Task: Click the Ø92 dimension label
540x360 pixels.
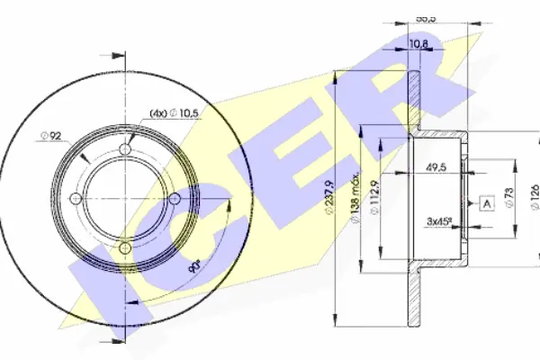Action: (51, 136)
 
